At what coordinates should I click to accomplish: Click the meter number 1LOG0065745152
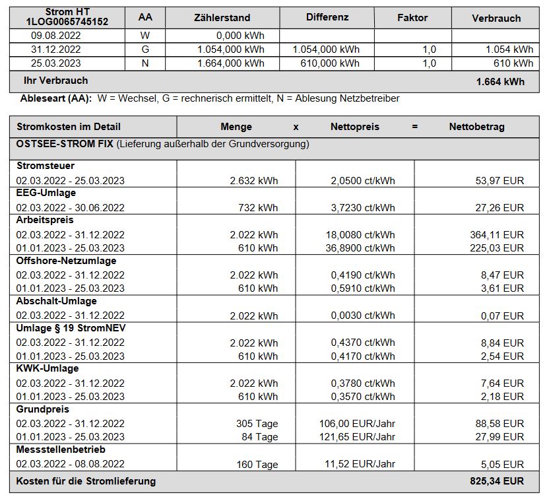pyautogui.click(x=67, y=22)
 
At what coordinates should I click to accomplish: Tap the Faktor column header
pyautogui.click(x=412, y=18)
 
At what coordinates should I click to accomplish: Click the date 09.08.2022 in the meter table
pyautogui.click(x=55, y=36)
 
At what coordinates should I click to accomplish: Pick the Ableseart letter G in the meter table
pyautogui.click(x=145, y=50)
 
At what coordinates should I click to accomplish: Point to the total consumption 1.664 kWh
pyautogui.click(x=500, y=82)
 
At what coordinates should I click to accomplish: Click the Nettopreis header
pyautogui.click(x=355, y=127)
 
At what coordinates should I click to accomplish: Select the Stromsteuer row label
pyautogui.click(x=46, y=166)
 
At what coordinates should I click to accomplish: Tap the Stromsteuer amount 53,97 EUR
pyautogui.click(x=500, y=180)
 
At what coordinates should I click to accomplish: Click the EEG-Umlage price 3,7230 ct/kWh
pyautogui.click(x=363, y=207)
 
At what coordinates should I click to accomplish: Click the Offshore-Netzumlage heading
pyautogui.click(x=66, y=261)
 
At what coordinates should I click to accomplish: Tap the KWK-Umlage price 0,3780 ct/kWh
pyautogui.click(x=363, y=383)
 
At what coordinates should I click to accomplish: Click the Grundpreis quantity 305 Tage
pyautogui.click(x=257, y=424)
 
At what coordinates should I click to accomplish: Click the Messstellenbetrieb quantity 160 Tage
pyautogui.click(x=257, y=464)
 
